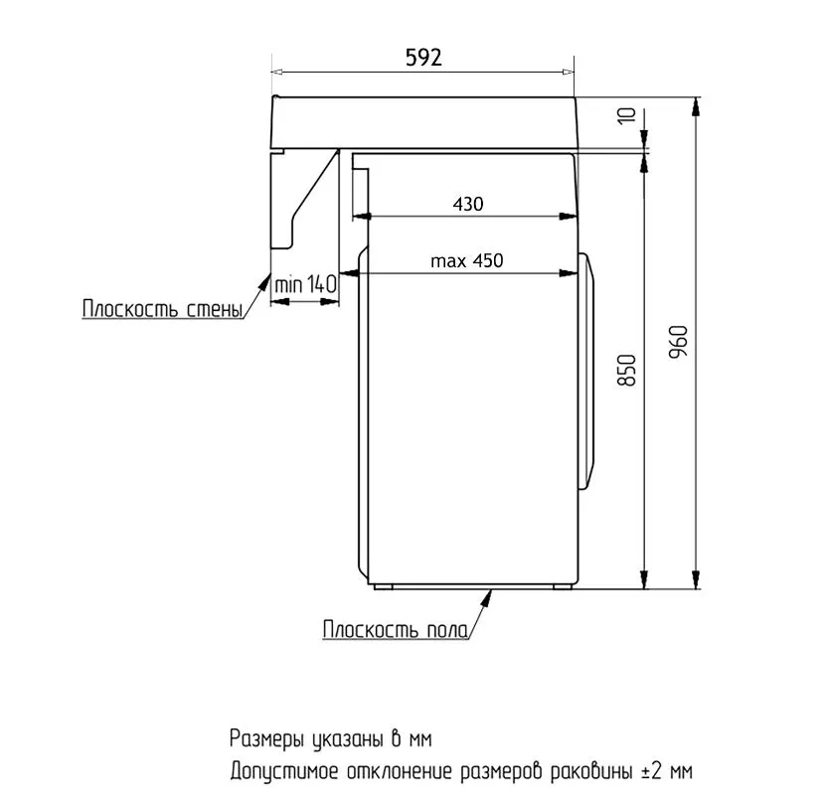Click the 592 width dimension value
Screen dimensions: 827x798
tap(423, 57)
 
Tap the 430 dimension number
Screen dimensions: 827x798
tap(468, 204)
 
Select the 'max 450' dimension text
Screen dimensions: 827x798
tap(467, 260)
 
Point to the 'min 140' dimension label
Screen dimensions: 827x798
tap(305, 284)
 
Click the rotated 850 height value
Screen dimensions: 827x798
tap(627, 371)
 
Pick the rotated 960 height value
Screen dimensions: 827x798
tap(678, 342)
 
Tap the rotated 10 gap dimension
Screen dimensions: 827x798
tap(627, 115)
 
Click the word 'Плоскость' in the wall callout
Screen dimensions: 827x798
tap(130, 308)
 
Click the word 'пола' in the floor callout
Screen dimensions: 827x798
tap(447, 630)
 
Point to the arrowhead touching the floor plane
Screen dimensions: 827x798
tap(487, 598)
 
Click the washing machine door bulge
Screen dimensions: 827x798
tap(586, 372)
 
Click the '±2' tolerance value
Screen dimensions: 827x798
tap(652, 771)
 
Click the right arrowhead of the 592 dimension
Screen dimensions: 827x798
tap(569, 72)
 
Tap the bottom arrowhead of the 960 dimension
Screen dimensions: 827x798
tap(696, 579)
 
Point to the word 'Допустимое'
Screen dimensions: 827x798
tap(284, 771)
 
